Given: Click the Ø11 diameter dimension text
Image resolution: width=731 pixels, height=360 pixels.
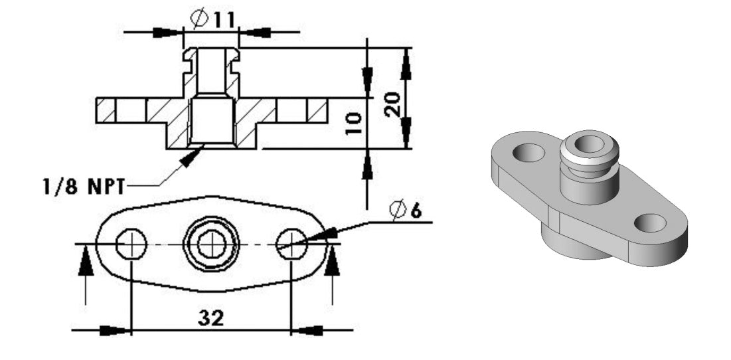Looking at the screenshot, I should (x=212, y=19).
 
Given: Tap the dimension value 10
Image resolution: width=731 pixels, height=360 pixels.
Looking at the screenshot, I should (x=354, y=124).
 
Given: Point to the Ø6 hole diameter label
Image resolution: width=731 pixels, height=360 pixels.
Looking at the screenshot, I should (x=406, y=211).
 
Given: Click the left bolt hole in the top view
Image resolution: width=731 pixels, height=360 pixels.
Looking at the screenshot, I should (x=131, y=245).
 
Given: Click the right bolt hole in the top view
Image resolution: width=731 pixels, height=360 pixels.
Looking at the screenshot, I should (x=291, y=245).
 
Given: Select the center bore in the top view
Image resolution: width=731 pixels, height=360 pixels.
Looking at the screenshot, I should (x=212, y=245).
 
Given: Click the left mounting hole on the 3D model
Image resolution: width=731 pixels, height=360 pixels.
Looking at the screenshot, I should (x=528, y=153).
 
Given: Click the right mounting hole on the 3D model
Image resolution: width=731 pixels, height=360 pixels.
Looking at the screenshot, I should (x=649, y=223).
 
